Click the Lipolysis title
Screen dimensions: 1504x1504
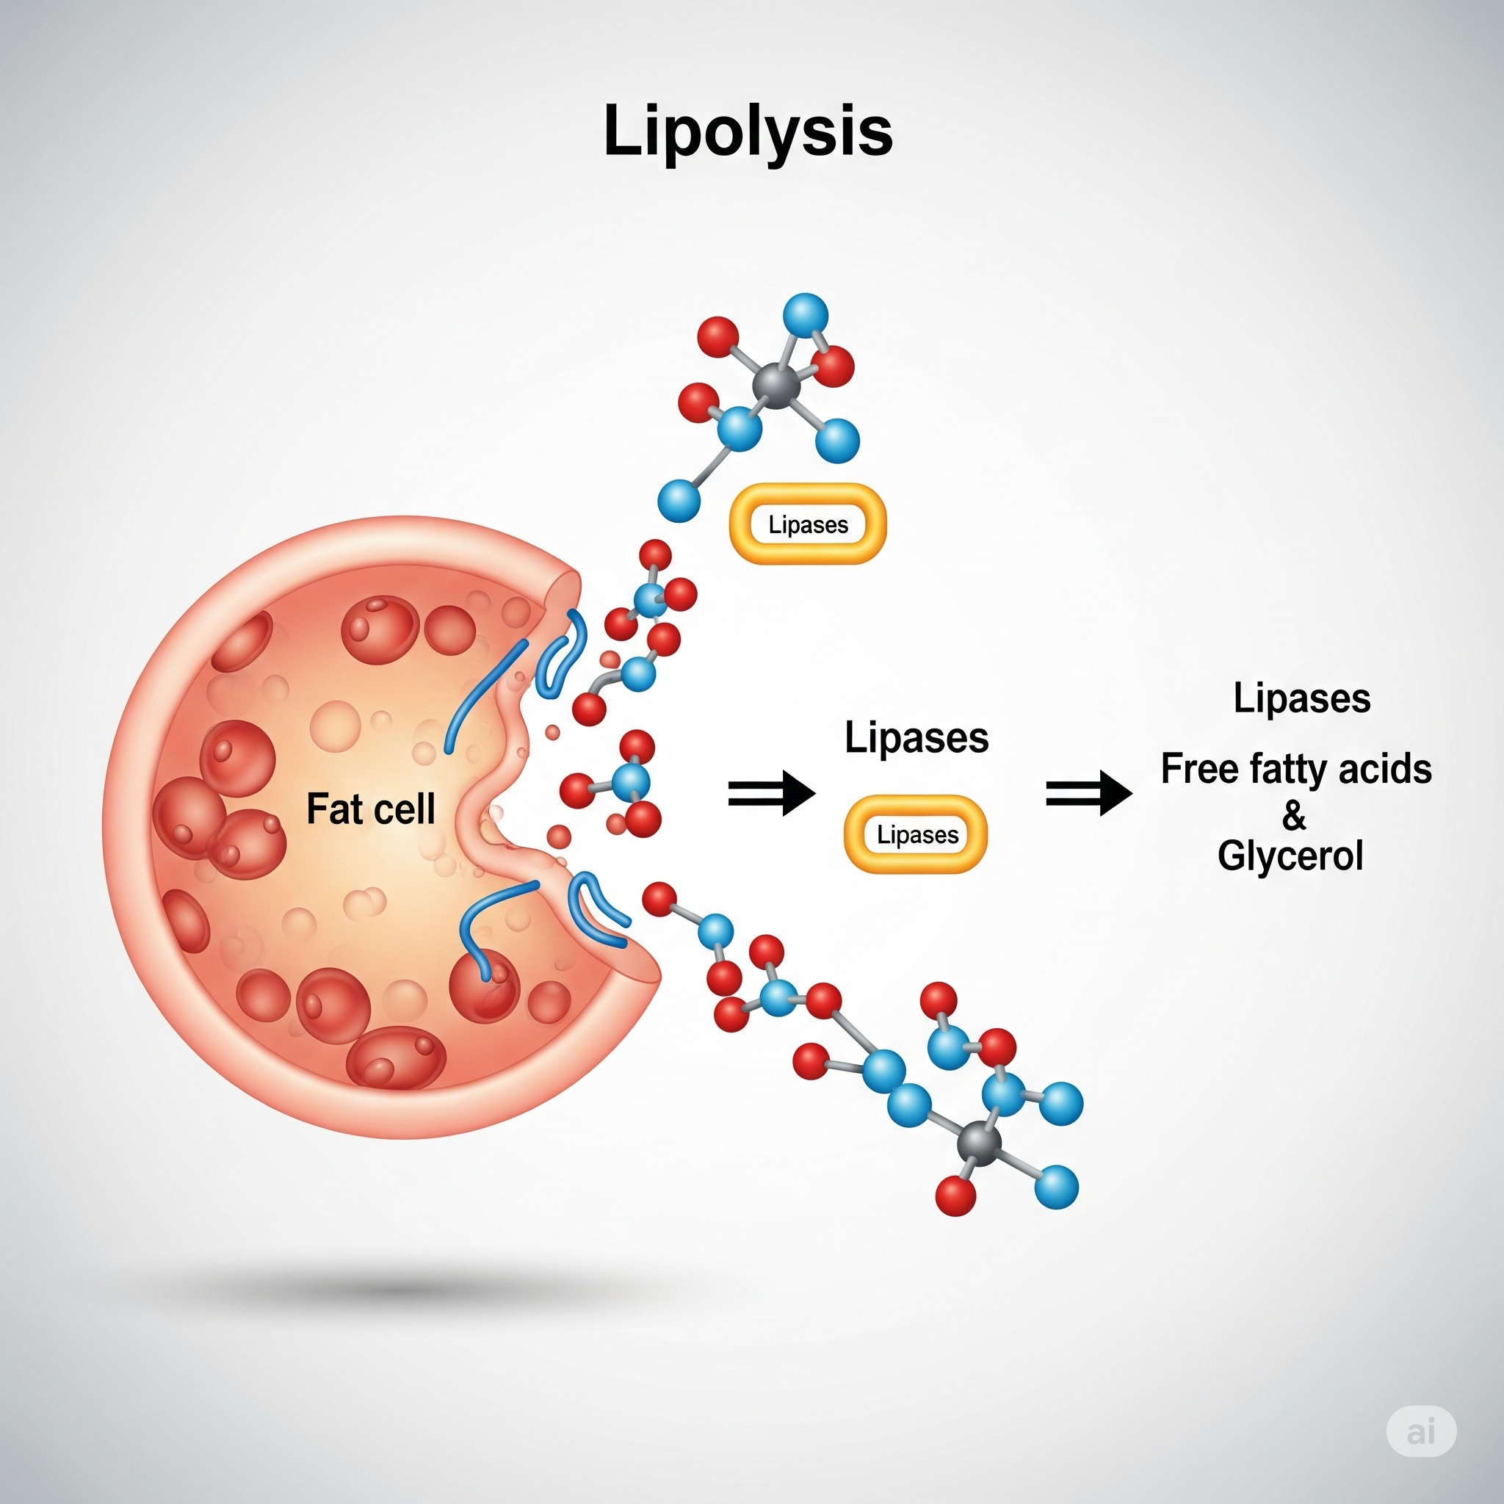point(748,131)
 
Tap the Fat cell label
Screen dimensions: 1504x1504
point(371,809)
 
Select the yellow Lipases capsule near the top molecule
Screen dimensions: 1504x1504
point(807,524)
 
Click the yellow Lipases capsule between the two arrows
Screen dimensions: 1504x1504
point(916,834)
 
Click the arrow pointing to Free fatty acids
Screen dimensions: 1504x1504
point(1088,793)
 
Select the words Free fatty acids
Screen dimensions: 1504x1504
point(1295,769)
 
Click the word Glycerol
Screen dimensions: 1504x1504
point(1290,856)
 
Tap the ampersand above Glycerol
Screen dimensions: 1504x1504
point(1294,814)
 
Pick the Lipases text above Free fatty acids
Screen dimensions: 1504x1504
point(1301,698)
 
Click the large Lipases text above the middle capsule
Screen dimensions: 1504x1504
point(916,737)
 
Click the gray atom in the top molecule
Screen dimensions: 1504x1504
point(776,386)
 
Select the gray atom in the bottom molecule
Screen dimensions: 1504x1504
point(980,1143)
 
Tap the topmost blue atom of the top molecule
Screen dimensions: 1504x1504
point(806,315)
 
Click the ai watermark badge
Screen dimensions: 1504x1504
point(1421,1431)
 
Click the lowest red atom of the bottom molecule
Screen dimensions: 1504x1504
point(955,1196)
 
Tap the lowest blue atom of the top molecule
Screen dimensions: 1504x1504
point(679,500)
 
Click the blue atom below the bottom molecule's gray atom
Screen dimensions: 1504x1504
point(1056,1187)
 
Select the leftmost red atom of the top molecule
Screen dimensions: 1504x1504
point(698,402)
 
